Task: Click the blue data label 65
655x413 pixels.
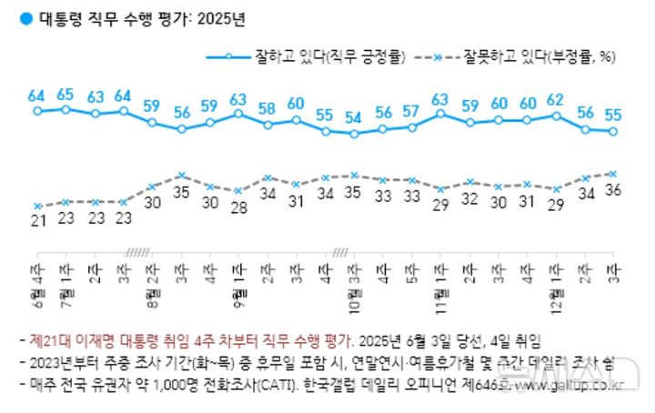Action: [x=65, y=94]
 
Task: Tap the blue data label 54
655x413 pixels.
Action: [x=353, y=117]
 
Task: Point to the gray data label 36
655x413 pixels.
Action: [x=615, y=190]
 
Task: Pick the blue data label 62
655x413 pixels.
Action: [x=557, y=100]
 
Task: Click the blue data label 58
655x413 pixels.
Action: [x=267, y=108]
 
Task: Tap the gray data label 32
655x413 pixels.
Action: [x=469, y=198]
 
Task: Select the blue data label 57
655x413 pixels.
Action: [x=411, y=111]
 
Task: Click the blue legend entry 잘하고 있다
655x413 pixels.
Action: [x=328, y=56]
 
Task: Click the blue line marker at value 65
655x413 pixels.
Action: [x=65, y=109]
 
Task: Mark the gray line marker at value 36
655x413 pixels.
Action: [x=614, y=173]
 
